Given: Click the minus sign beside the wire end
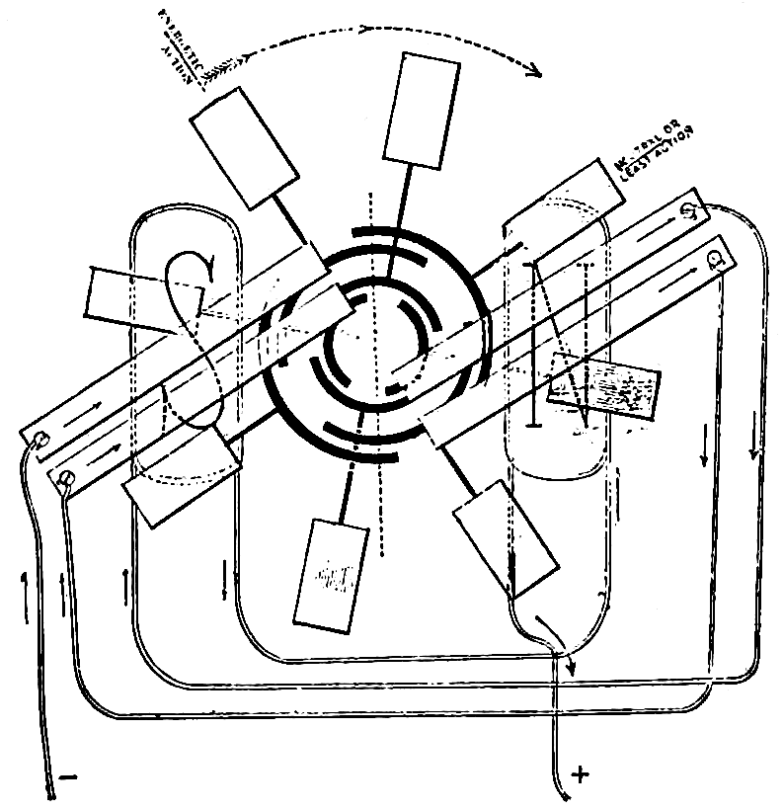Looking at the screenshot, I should [x=68, y=778].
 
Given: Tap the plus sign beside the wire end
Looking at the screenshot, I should [x=581, y=774].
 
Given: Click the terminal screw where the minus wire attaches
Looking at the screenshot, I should [x=40, y=440].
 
